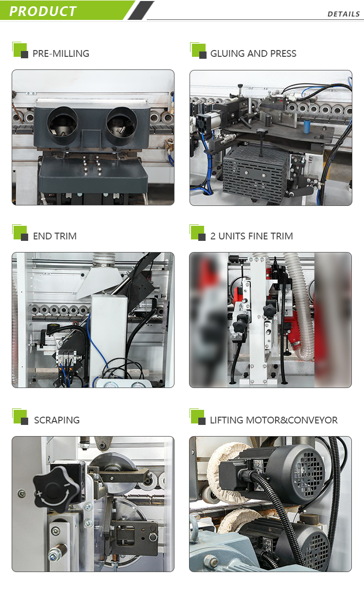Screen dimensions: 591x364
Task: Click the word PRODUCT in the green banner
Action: (x=43, y=11)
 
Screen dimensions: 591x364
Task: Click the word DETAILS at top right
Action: (x=343, y=14)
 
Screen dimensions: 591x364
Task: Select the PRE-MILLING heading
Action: (x=61, y=53)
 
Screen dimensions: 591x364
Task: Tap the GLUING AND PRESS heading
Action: (x=253, y=53)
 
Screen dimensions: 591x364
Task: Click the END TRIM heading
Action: (x=54, y=236)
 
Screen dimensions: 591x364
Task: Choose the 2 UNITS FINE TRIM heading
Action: (x=251, y=236)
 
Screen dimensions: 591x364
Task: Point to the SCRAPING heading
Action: (x=56, y=420)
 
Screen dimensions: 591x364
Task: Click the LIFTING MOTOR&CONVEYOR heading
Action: (x=274, y=420)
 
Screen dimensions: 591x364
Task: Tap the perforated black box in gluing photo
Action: (x=255, y=172)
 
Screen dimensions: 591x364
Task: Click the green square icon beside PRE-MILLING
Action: (x=19, y=50)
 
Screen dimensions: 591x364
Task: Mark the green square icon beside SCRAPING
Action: (x=19, y=416)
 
